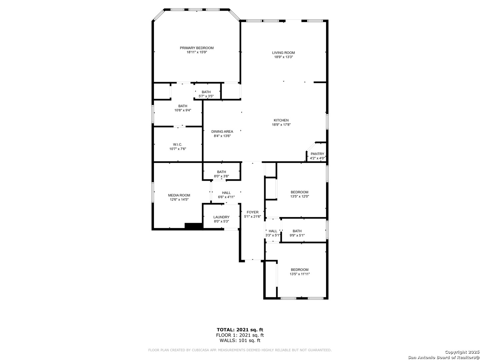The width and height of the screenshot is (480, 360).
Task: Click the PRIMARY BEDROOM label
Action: (197, 48)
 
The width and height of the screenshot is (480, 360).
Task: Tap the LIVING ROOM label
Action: (283, 53)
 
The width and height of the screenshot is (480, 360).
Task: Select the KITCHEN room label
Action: (281, 120)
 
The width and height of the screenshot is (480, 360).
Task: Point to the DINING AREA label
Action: (222, 132)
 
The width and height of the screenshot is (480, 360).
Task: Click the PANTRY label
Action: (317, 154)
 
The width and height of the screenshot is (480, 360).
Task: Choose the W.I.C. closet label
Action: (178, 144)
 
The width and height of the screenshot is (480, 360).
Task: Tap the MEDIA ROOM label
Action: (179, 195)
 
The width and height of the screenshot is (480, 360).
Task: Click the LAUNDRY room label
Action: (221, 217)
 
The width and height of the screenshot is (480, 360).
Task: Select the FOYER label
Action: (253, 212)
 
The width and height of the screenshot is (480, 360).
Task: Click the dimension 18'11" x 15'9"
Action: (197, 52)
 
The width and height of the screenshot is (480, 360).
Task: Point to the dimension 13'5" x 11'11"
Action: (300, 274)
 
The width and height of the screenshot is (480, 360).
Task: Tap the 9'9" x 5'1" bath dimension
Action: (297, 235)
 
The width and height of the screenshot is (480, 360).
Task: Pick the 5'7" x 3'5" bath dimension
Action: (206, 96)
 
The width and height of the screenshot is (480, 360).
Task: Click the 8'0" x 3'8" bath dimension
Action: (222, 176)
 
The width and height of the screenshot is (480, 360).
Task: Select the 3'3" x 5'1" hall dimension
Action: (273, 235)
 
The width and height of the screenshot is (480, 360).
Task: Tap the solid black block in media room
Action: (194, 226)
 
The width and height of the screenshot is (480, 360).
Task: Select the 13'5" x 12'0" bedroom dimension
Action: (300, 196)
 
